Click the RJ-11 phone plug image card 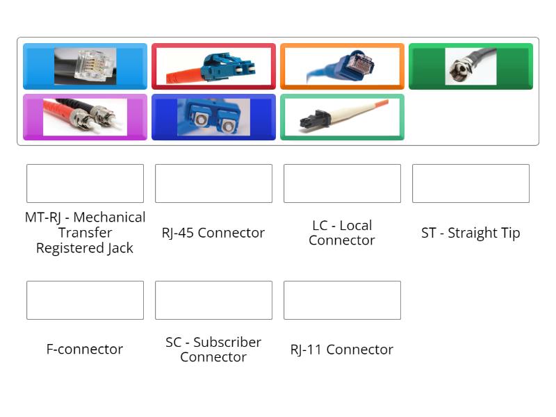pyautogui.click(x=85, y=67)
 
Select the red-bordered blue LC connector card pyautogui.click(x=213, y=67)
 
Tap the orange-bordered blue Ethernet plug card pyautogui.click(x=342, y=67)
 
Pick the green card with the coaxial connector pyautogui.click(x=471, y=67)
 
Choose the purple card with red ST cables pyautogui.click(x=85, y=117)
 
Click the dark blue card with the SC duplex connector pyautogui.click(x=213, y=117)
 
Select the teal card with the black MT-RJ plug pyautogui.click(x=342, y=117)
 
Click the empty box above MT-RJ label pyautogui.click(x=85, y=183)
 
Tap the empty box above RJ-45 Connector pyautogui.click(x=213, y=183)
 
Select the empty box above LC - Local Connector pyautogui.click(x=342, y=183)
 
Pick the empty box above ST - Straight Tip pyautogui.click(x=471, y=183)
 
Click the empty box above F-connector pyautogui.click(x=85, y=300)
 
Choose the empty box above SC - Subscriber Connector pyautogui.click(x=213, y=300)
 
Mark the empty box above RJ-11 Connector pyautogui.click(x=342, y=300)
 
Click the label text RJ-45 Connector pyautogui.click(x=213, y=233)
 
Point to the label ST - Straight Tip pyautogui.click(x=471, y=233)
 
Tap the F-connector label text pyautogui.click(x=85, y=349)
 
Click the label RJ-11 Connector pyautogui.click(x=342, y=350)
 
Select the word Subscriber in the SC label pyautogui.click(x=227, y=342)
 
